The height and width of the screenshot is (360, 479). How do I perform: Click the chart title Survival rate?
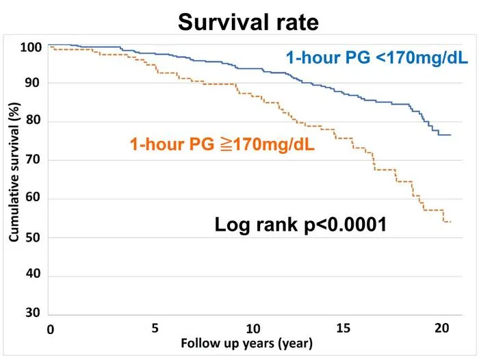(248, 23)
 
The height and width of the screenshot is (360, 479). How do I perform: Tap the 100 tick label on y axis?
(31, 47)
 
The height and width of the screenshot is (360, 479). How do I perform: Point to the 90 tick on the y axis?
(32, 83)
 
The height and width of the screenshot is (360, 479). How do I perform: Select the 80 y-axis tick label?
(33, 120)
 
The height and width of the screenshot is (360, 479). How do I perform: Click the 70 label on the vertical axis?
(33, 159)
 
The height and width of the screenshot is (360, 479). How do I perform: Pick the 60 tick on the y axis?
(33, 197)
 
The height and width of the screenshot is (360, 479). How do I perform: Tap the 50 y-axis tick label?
(33, 237)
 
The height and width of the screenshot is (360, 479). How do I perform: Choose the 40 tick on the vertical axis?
(33, 273)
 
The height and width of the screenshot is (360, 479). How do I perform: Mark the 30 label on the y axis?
(33, 312)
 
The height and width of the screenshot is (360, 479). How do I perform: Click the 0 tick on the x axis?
(51, 330)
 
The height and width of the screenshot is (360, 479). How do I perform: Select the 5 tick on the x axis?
(155, 328)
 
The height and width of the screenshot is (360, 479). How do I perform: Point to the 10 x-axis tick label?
(253, 329)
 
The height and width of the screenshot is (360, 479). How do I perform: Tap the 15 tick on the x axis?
(343, 328)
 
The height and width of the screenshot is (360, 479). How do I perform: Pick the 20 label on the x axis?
(442, 328)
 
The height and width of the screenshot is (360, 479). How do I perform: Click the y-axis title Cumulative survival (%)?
(14, 172)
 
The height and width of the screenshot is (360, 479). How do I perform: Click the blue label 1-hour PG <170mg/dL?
(377, 57)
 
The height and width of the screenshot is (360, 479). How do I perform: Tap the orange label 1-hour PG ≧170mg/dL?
(222, 144)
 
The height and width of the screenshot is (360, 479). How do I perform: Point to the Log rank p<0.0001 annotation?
(300, 224)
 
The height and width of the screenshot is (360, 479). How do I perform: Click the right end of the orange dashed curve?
(450, 222)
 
